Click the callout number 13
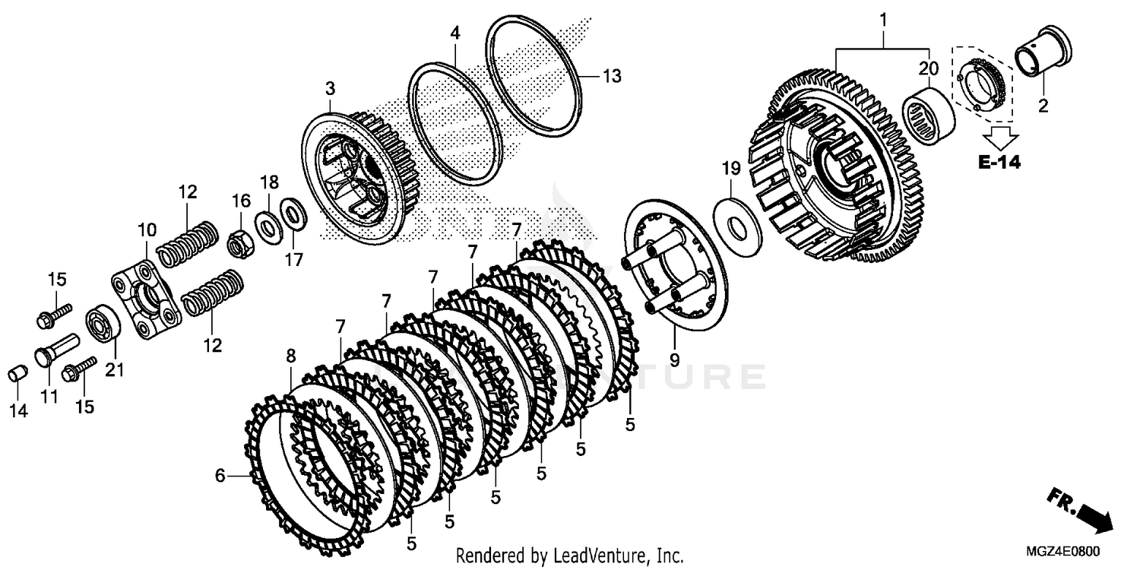612,76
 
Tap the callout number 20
927,68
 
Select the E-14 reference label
999,161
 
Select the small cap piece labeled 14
18,374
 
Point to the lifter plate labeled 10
145,299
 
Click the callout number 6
220,477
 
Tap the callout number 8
290,355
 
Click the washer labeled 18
267,226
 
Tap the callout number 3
330,90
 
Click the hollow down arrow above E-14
999,136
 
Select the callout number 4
454,33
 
